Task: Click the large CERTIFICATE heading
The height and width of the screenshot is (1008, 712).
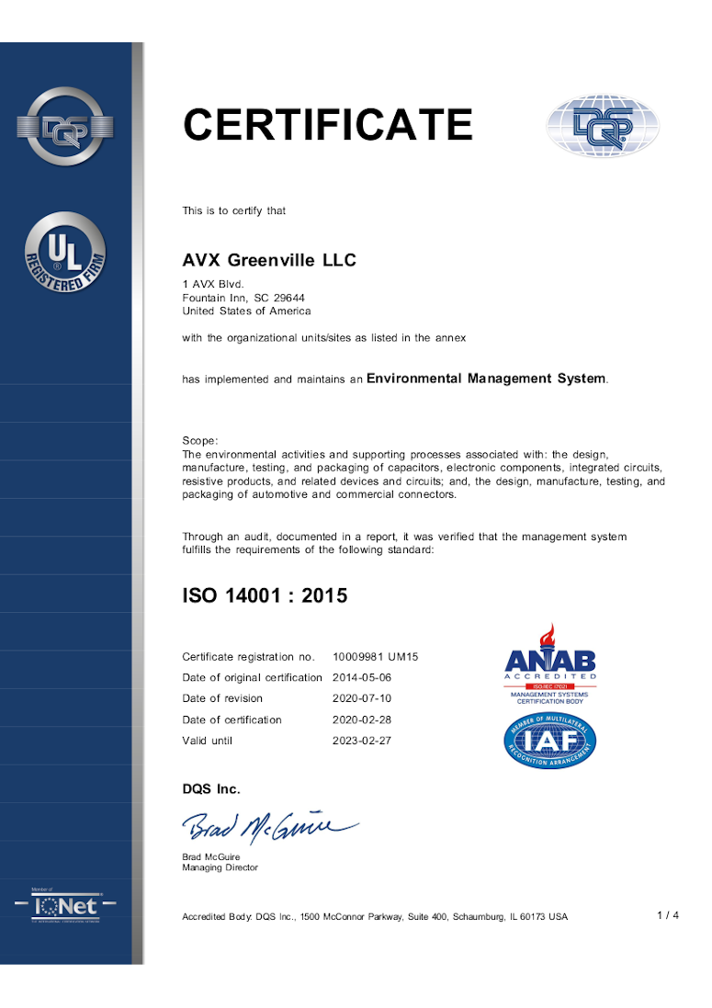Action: pos(327,125)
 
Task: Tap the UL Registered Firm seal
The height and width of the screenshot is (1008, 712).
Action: pos(65,253)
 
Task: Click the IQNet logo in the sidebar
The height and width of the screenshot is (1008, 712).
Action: pos(65,906)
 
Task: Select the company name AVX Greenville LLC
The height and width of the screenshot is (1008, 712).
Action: pos(269,261)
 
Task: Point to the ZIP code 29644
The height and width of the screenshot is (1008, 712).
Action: pos(289,298)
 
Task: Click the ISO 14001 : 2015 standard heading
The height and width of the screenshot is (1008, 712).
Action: pos(265,595)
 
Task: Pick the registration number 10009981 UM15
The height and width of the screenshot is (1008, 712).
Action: pos(375,657)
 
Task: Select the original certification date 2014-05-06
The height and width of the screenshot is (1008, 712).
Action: pos(362,678)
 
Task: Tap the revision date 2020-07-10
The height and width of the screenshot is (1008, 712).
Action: pos(362,698)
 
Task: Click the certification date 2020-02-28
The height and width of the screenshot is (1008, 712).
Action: pos(362,719)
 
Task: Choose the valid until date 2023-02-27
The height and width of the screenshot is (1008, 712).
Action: pos(362,741)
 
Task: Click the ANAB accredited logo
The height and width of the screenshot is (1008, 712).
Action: pos(550,663)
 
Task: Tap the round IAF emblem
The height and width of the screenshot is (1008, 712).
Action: pos(550,741)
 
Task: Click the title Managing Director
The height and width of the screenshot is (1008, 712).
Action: pos(220,867)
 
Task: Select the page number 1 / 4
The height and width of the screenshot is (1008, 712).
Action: pos(668,915)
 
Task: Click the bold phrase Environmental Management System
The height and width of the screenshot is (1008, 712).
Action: pos(486,379)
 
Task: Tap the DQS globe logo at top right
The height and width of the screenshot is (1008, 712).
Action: pos(603,126)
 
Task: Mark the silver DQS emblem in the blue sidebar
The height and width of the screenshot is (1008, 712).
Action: pos(65,128)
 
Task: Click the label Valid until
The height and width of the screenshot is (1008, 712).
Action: pos(208,741)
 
